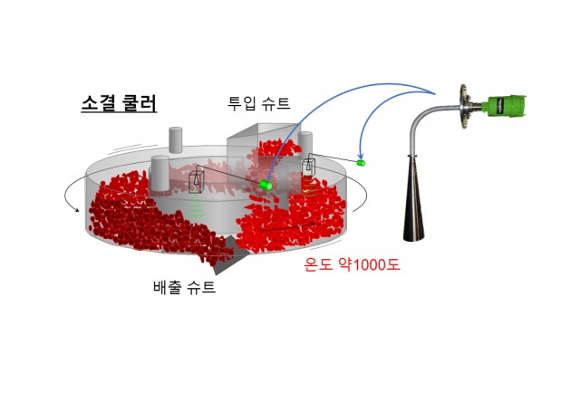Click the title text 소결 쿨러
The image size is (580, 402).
pos(119,103)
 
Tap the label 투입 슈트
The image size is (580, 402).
pos(258,103)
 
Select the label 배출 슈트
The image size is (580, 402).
pos(184,286)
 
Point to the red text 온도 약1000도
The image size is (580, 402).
pos(352,264)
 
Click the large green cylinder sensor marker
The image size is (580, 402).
pos(266,185)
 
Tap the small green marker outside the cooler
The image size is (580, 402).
pos(361,163)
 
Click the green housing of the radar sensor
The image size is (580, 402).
pos(507,106)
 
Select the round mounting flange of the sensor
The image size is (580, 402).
pos(464,107)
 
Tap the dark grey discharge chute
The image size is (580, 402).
pos(229,255)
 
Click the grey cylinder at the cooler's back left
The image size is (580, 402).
pos(175,140)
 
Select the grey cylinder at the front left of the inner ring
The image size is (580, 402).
pos(160,173)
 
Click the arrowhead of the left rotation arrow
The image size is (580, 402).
pos(77,210)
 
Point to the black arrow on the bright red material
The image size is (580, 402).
pos(289,227)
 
